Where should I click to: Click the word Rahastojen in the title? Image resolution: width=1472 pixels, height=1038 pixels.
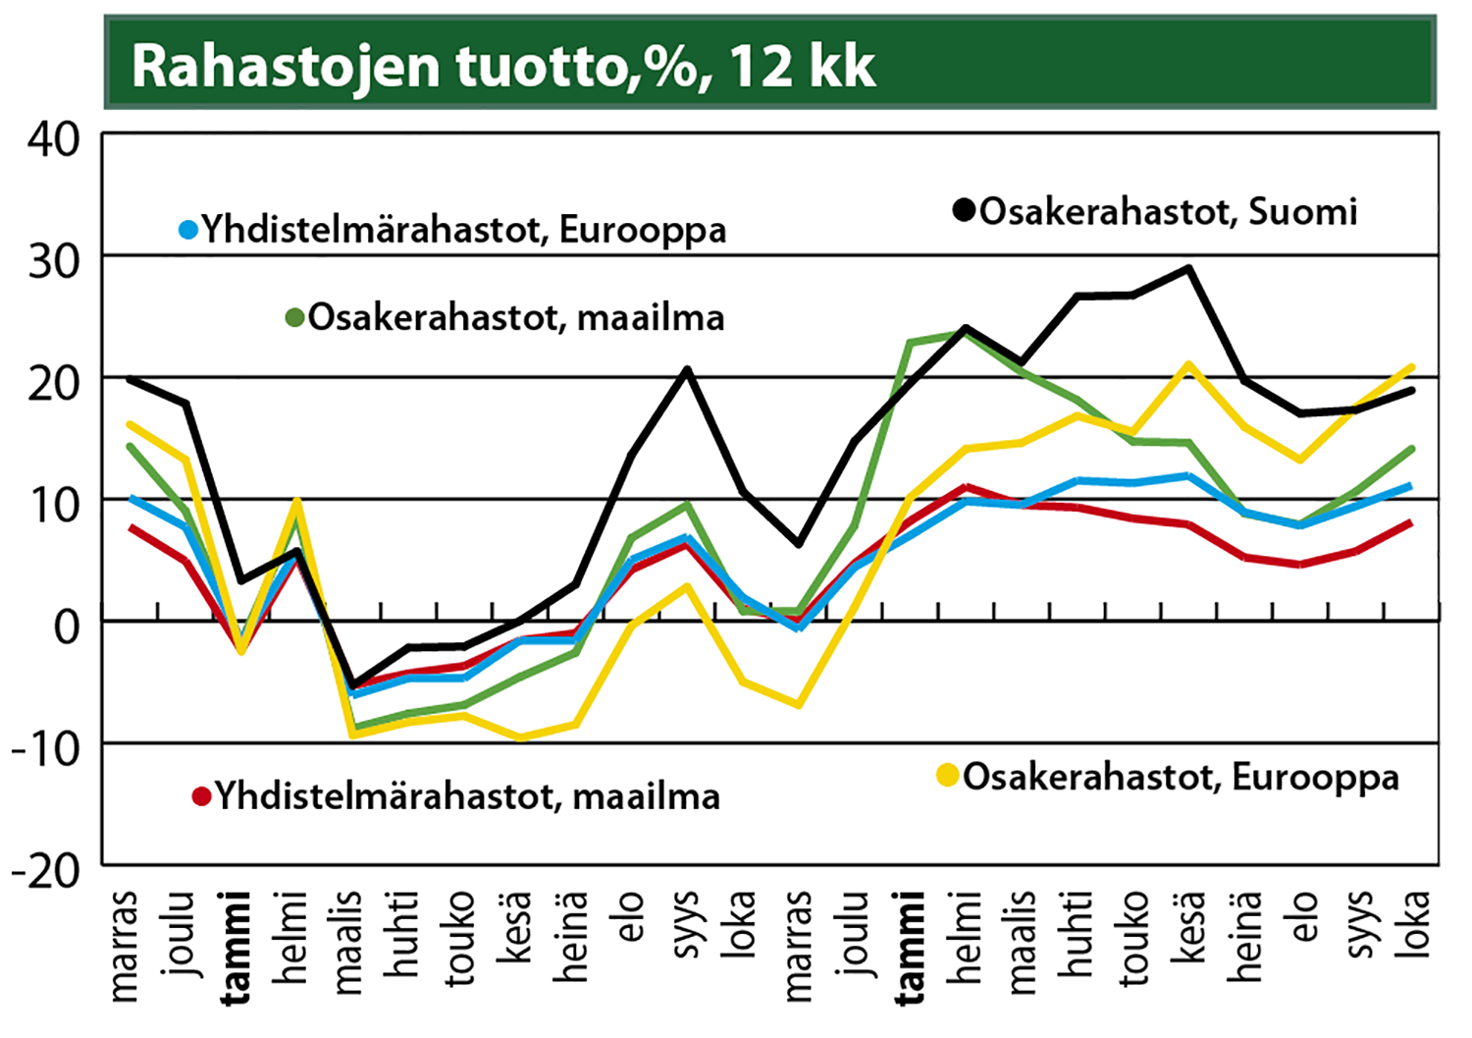pyautogui.click(x=285, y=67)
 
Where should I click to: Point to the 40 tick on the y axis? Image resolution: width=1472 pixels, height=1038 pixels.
pyautogui.click(x=54, y=140)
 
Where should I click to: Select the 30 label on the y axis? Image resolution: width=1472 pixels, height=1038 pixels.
pyautogui.click(x=54, y=261)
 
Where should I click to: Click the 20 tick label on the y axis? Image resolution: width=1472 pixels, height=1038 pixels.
pyautogui.click(x=54, y=383)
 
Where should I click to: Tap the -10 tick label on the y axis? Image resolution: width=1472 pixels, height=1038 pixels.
pyautogui.click(x=45, y=748)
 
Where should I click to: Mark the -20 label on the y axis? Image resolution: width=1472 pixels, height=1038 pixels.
pyautogui.click(x=45, y=870)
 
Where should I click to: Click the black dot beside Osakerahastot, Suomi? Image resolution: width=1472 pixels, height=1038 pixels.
pyautogui.click(x=964, y=210)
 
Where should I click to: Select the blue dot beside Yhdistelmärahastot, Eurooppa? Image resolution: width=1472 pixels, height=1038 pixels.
pyautogui.click(x=188, y=231)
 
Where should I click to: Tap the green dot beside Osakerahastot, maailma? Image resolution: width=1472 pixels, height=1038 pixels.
pyautogui.click(x=294, y=318)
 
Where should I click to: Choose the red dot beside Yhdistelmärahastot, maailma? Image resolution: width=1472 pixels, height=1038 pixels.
pyautogui.click(x=202, y=796)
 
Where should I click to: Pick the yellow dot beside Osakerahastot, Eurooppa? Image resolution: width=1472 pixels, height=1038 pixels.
pyautogui.click(x=948, y=776)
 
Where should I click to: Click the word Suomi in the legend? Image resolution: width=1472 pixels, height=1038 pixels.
pyautogui.click(x=1302, y=211)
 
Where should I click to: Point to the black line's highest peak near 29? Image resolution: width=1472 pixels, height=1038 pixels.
pyautogui.click(x=1189, y=268)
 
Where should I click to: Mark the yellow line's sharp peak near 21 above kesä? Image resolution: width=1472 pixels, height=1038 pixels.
pyautogui.click(x=1189, y=365)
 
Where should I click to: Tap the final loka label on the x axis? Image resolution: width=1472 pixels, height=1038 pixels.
pyautogui.click(x=1413, y=923)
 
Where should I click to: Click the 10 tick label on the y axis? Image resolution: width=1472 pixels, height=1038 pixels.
pyautogui.click(x=54, y=505)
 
